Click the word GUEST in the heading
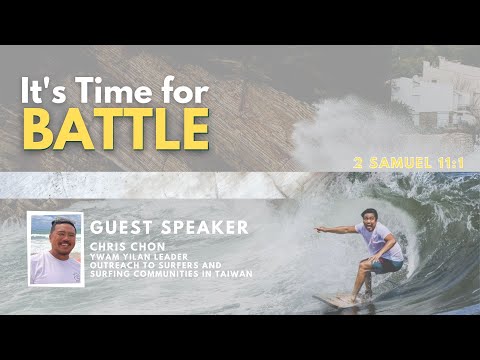coord(121,227)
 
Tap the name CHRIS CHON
coord(127,245)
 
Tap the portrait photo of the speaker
coord(56,249)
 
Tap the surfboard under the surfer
coord(340,297)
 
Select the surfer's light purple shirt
coord(380,241)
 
